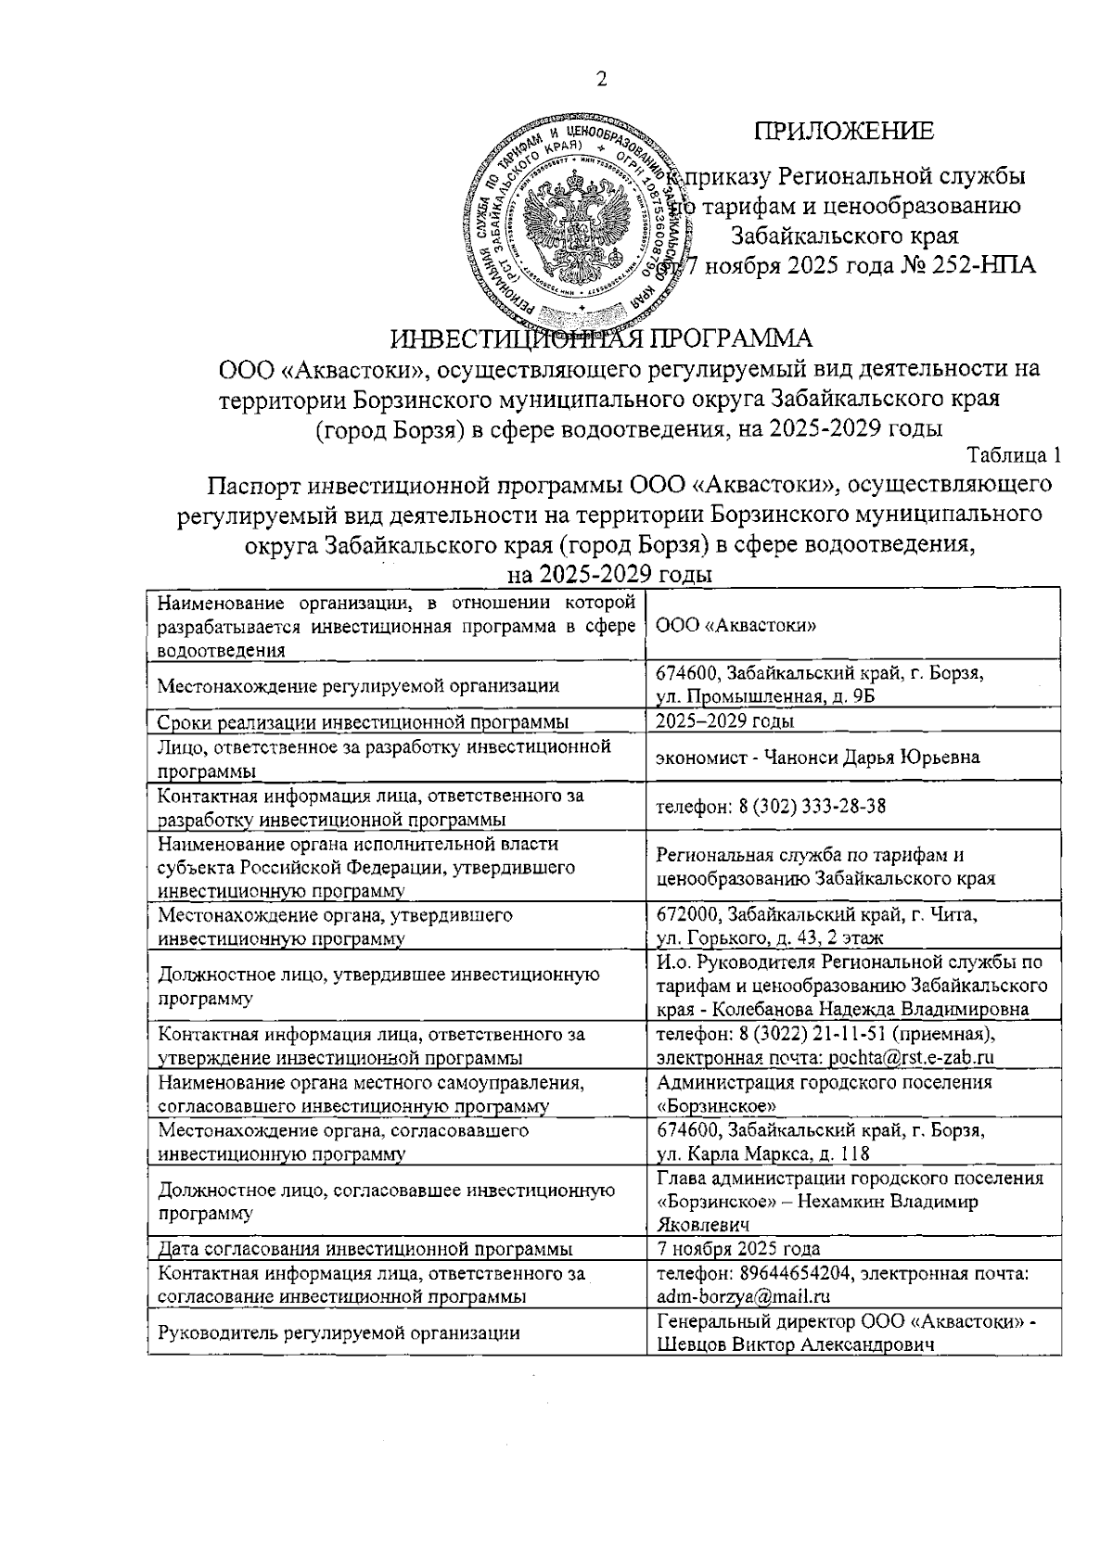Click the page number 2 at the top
[601, 80]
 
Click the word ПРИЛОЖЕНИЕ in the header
[843, 132]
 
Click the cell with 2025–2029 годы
[724, 721]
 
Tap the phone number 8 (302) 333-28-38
[812, 806]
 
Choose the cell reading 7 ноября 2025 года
[737, 1249]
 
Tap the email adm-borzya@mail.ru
[743, 1297]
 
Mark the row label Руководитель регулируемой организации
[339, 1333]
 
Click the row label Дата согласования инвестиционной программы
[365, 1249]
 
